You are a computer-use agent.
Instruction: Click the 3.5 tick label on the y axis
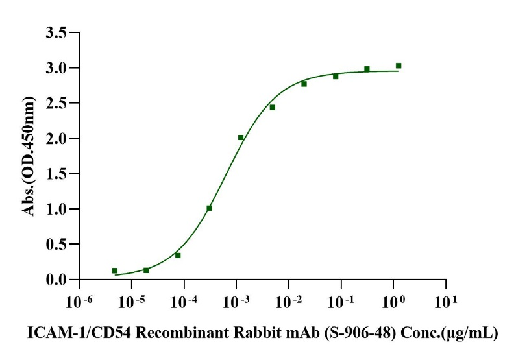coord(56,32)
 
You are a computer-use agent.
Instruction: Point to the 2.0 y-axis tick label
coord(56,138)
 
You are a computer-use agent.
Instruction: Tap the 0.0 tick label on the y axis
coord(56,280)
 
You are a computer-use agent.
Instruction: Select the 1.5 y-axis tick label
coord(56,174)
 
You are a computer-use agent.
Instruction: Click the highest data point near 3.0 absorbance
coord(399,66)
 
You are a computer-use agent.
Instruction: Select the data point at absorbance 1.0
coord(209,208)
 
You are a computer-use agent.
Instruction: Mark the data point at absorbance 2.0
coord(241,138)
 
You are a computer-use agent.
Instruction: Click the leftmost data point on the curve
coord(115,270)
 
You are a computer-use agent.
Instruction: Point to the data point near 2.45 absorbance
coord(273,107)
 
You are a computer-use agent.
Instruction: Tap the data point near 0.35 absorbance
coord(178,256)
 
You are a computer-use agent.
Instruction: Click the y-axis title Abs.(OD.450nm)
coord(29,156)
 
